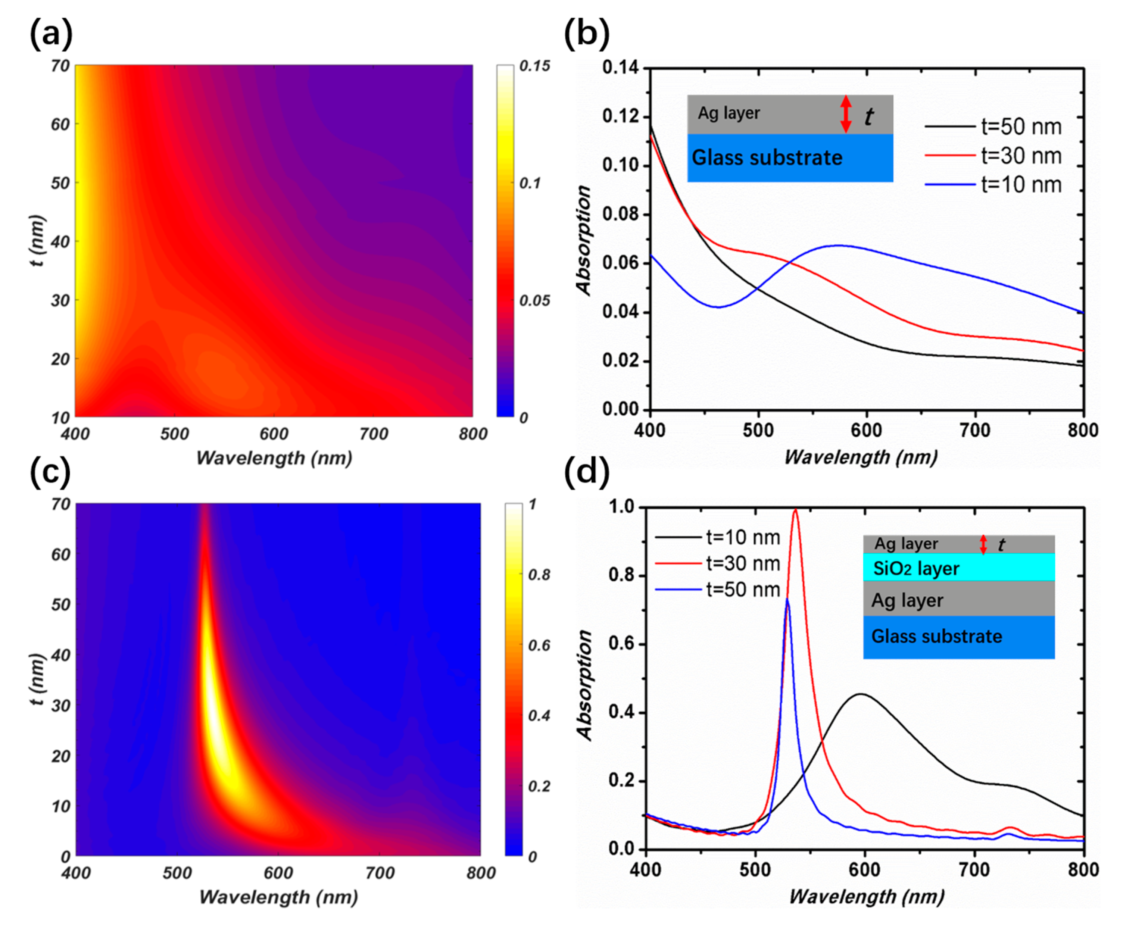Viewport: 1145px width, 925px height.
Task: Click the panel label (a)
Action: (51, 34)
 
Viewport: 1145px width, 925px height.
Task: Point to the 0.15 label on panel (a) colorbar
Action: (534, 66)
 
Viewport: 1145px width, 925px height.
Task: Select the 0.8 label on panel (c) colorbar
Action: (539, 575)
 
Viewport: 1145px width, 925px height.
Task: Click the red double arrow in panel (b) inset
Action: (846, 114)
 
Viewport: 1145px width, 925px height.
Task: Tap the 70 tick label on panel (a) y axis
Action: (60, 66)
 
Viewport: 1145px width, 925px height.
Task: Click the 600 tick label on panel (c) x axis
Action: (278, 873)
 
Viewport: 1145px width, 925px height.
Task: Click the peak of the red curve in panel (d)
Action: (795, 510)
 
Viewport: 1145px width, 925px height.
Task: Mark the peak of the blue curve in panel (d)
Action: (787, 599)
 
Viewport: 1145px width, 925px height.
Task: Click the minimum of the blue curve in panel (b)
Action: (718, 307)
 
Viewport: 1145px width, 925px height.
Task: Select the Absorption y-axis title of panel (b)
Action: (584, 240)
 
